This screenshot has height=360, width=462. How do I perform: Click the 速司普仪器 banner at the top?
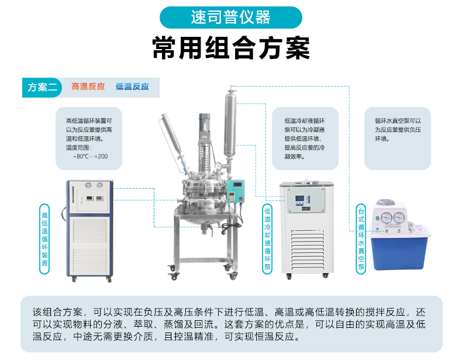click(230, 18)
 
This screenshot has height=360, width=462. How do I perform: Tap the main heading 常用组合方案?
click(231, 48)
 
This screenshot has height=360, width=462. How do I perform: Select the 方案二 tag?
click(42, 88)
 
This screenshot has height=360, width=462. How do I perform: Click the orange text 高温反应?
click(88, 86)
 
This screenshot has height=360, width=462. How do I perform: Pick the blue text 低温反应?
click(132, 86)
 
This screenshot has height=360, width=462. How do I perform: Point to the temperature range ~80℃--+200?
click(91, 156)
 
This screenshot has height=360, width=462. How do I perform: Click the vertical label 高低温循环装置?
click(44, 239)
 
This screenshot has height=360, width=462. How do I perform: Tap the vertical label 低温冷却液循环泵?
click(267, 239)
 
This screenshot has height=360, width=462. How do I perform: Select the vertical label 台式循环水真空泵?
click(361, 239)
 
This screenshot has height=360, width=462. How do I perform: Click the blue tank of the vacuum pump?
click(400, 252)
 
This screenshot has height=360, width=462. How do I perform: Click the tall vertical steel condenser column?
click(230, 124)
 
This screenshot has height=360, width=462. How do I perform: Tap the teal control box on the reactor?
click(236, 191)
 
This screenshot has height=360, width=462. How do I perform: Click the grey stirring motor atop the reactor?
click(205, 127)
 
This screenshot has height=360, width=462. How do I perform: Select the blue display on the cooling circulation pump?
click(299, 198)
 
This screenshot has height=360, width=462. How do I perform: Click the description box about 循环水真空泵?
click(398, 139)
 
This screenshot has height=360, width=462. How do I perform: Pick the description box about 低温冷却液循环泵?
click(305, 139)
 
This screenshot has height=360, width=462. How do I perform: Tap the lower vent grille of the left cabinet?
click(90, 261)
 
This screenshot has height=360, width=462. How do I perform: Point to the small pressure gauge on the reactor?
click(219, 166)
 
